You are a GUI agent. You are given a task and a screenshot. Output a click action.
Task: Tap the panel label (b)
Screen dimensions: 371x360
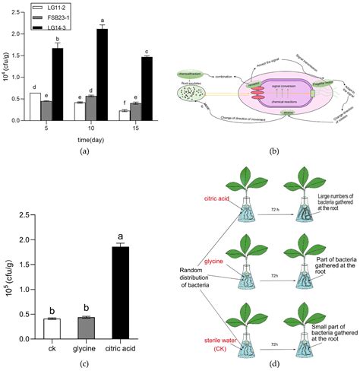click(x=271, y=151)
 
